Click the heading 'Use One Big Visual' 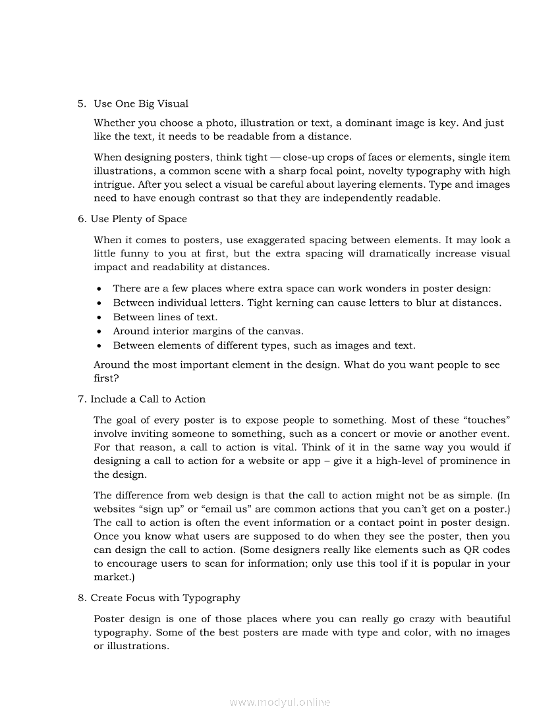pyautogui.click(x=141, y=103)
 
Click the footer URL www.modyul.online pyautogui.click(x=280, y=702)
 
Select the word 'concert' pyautogui.click(x=356, y=433)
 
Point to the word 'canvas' pyautogui.click(x=285, y=331)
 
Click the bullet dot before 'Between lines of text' pyautogui.click(x=99, y=317)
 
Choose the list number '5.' pyautogui.click(x=82, y=103)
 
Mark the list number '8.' pyautogui.click(x=82, y=598)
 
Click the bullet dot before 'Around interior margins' pyautogui.click(x=99, y=331)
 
